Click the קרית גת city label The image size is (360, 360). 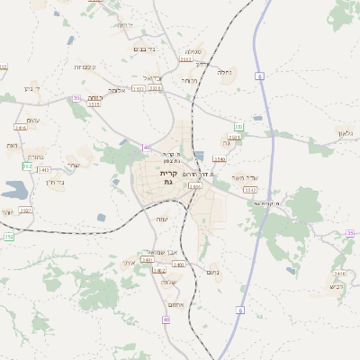pos(167,177)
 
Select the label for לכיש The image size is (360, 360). pos(336,288)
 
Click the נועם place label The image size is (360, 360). pos(213,271)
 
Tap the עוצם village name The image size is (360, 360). pos(33,121)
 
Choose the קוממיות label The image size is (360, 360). pos(86,67)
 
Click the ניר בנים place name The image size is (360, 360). pos(144,49)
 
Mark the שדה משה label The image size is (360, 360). pos(244,177)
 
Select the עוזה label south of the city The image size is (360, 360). pos(162,220)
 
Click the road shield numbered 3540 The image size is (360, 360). pos(220,159)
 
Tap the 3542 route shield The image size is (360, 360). pos(250,190)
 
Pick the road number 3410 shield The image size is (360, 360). pos(338,273)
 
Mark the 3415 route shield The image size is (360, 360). pos(94,104)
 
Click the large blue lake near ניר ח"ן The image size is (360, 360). pos(14,190)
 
